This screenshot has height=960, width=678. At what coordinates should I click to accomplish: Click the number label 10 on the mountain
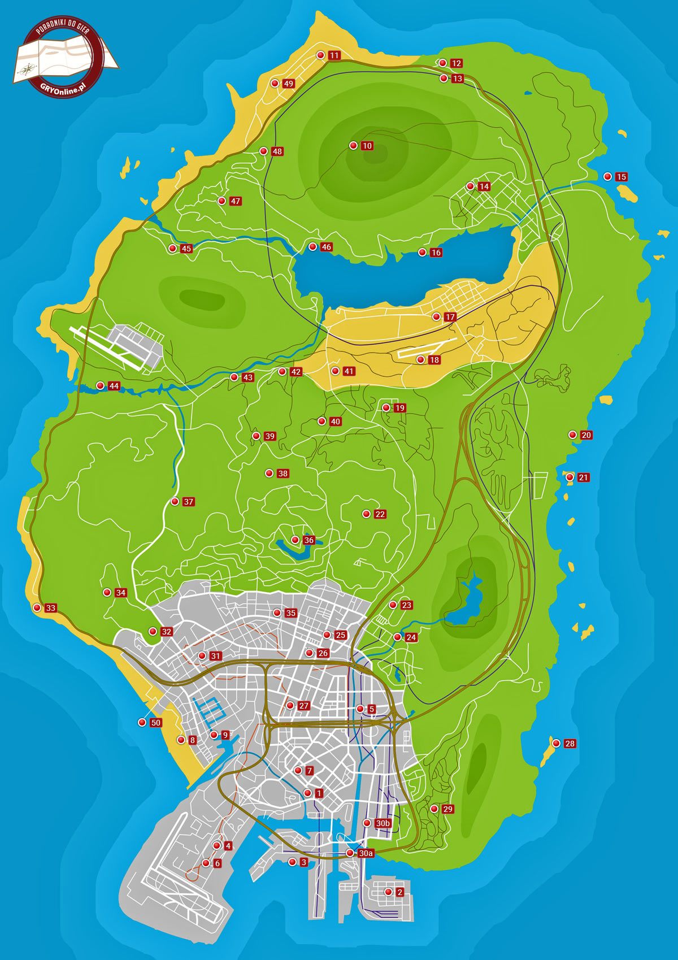pyautogui.click(x=367, y=146)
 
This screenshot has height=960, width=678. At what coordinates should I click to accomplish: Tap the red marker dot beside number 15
pyautogui.click(x=607, y=176)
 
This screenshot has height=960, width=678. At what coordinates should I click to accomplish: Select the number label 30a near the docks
pyautogui.click(x=366, y=853)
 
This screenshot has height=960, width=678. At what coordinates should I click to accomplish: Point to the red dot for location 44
pyautogui.click(x=100, y=385)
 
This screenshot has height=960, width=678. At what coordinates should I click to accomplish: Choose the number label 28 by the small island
pyautogui.click(x=570, y=744)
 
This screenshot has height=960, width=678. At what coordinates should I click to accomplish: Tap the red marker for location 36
pyautogui.click(x=295, y=540)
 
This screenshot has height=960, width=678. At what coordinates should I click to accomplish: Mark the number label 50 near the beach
pyautogui.click(x=156, y=723)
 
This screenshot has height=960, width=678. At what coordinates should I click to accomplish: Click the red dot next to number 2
pyautogui.click(x=388, y=892)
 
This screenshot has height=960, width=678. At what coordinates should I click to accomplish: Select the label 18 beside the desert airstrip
pyautogui.click(x=434, y=360)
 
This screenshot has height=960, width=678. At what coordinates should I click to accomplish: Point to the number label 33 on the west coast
pyautogui.click(x=51, y=608)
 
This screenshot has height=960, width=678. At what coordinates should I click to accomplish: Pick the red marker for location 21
pyautogui.click(x=570, y=477)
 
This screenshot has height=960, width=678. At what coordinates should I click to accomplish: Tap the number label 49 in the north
pyautogui.click(x=289, y=84)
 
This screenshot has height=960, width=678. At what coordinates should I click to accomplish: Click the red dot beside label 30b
pyautogui.click(x=368, y=823)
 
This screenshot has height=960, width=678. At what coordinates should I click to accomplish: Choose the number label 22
pyautogui.click(x=380, y=514)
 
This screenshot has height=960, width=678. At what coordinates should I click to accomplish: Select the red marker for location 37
pyautogui.click(x=175, y=501)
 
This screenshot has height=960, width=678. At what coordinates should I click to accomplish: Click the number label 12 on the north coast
pyautogui.click(x=457, y=63)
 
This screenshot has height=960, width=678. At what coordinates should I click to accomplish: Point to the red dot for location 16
pyautogui.click(x=421, y=253)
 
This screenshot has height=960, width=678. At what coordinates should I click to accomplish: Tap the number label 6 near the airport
pyautogui.click(x=218, y=864)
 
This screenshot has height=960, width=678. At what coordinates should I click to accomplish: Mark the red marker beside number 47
pyautogui.click(x=221, y=201)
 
